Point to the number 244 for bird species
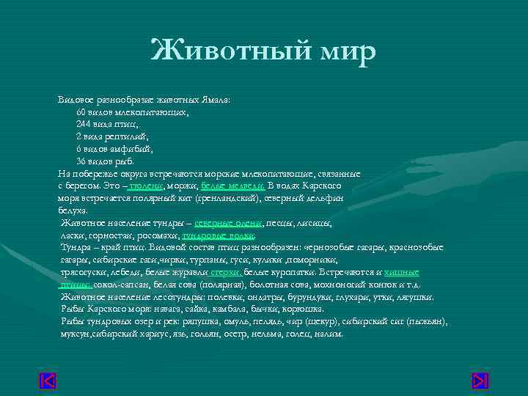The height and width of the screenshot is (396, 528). click(x=84, y=124)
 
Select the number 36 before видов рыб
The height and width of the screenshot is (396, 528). click(x=81, y=161)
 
